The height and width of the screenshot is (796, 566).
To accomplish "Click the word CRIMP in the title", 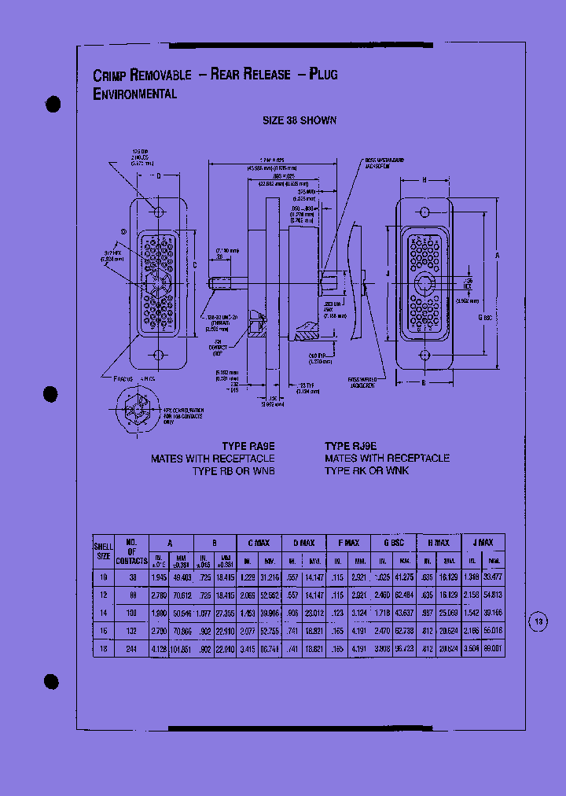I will (x=109, y=76).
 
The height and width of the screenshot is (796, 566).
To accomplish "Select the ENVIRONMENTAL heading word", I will (x=134, y=94).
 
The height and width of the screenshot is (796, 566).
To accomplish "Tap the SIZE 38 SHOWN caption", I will (x=299, y=120).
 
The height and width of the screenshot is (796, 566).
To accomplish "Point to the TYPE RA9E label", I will (x=248, y=446).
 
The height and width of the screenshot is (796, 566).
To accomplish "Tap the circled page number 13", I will (x=538, y=621).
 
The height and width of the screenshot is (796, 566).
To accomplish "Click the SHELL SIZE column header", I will (x=104, y=549).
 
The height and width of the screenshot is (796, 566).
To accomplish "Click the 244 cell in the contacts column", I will (x=131, y=649).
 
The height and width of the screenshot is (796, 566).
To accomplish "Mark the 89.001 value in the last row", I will (x=494, y=649).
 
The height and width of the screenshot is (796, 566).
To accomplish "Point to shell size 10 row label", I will (x=103, y=577).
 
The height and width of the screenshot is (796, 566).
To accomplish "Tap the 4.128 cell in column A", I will (x=160, y=649).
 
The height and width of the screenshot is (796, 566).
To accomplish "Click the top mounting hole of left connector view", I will (x=158, y=212).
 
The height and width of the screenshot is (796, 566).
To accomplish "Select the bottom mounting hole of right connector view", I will (x=424, y=356).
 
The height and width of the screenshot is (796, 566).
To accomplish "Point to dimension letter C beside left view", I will (x=193, y=264).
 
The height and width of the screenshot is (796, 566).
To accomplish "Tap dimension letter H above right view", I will (x=424, y=181).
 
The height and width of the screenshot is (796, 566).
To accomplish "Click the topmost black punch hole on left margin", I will (x=53, y=105).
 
